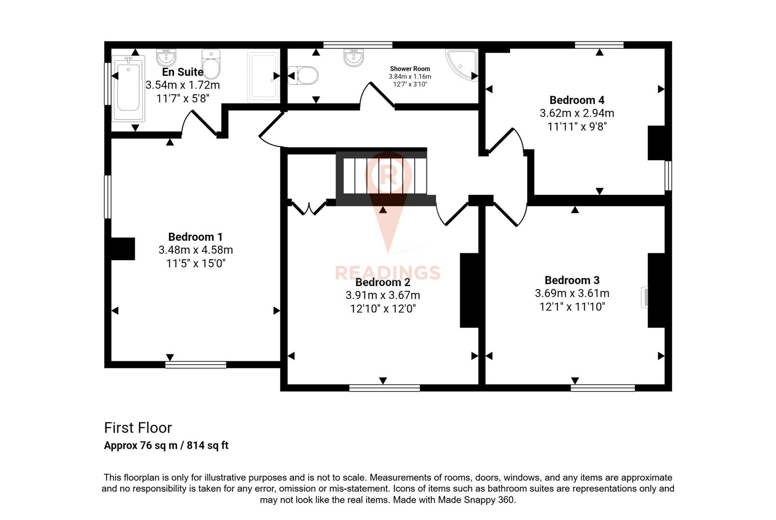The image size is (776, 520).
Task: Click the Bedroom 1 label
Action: tap(195, 237)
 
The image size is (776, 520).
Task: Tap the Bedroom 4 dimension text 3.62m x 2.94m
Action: tap(577, 113)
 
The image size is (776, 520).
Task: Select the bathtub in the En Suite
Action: tap(128, 88)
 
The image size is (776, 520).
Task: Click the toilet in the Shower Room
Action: tap(304, 76)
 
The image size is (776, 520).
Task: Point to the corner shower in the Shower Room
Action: tap(463, 64)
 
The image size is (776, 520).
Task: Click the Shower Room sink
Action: tap(354, 57)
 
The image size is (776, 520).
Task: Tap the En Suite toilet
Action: tap(211, 64)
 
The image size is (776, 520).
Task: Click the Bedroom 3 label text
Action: tap(572, 280)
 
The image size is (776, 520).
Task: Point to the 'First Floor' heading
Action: tap(138, 428)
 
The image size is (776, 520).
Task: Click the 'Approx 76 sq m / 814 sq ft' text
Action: tap(166, 445)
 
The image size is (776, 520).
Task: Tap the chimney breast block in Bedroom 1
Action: tap(123, 249)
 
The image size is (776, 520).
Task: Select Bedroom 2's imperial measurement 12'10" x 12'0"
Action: tap(383, 309)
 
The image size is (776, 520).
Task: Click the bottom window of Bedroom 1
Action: tap(195, 364)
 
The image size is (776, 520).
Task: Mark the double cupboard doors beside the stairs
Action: tap(309, 208)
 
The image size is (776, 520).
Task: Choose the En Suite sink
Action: tap(166, 57)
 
